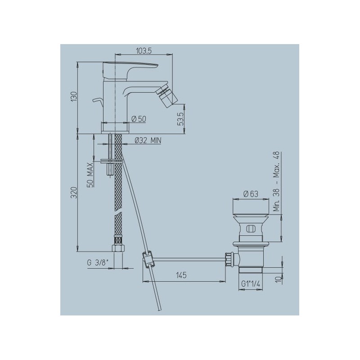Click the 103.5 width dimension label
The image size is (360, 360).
click(144, 51)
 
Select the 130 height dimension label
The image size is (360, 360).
click(74, 97)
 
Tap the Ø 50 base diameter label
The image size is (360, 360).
click(139, 119)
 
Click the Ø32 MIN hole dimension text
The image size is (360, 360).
click(148, 140)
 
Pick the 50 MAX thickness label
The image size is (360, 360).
click(90, 175)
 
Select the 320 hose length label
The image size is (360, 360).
click(74, 193)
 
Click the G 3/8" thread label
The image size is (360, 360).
click(97, 263)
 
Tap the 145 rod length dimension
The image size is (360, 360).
click(181, 275)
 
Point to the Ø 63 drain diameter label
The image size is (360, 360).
click(251, 194)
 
